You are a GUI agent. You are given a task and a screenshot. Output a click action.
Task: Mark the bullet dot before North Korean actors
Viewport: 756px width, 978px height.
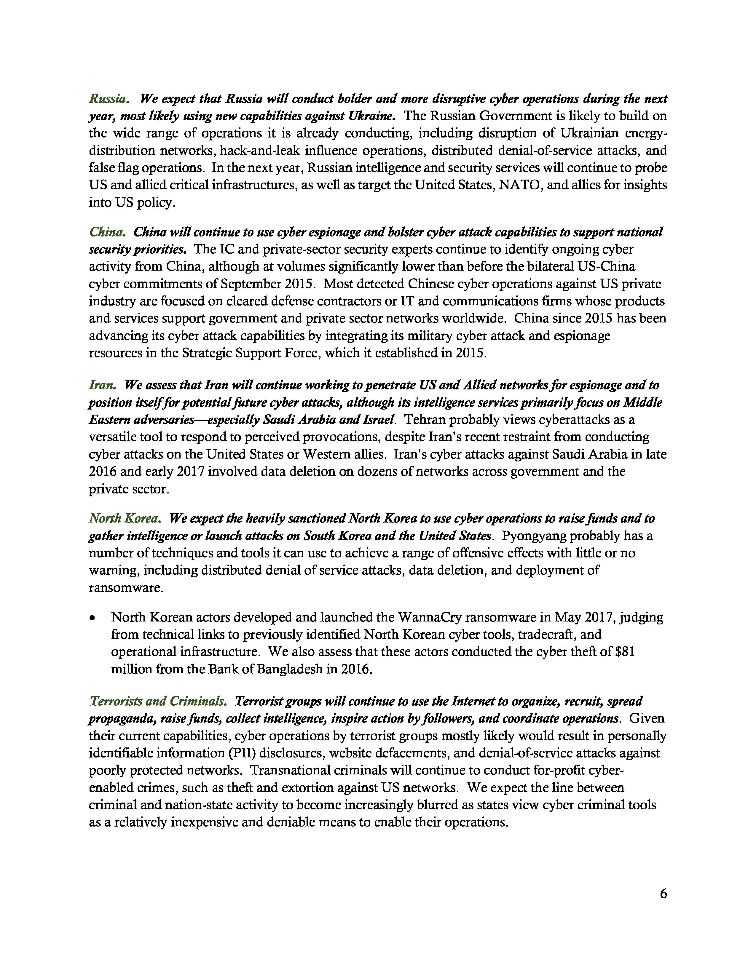pyautogui.click(x=92, y=618)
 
